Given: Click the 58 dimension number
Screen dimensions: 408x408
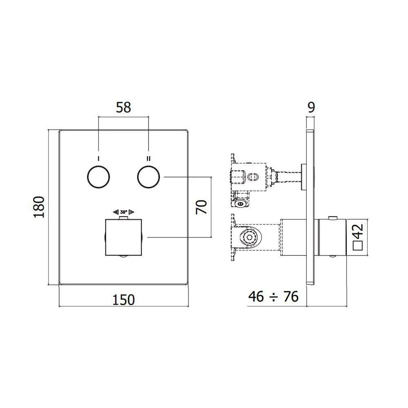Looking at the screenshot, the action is click(123, 107).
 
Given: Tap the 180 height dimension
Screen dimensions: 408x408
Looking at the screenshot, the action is click(39, 207).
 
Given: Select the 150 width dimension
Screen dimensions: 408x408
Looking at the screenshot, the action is click(124, 300).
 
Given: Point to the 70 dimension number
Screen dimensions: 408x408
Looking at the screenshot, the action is click(202, 207).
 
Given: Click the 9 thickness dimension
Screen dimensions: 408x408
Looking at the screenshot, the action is click(311, 107).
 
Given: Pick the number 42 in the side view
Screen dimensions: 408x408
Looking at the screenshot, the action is click(358, 231).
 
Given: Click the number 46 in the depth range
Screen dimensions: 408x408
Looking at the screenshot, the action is click(256, 297).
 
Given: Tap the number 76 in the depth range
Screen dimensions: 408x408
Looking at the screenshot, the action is click(291, 297).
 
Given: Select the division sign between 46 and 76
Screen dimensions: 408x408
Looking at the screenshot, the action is click(273, 297).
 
